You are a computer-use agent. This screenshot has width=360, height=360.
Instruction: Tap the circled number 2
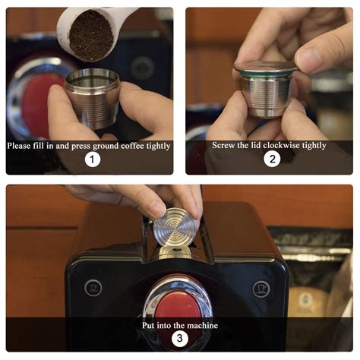pyautogui.click(x=271, y=159)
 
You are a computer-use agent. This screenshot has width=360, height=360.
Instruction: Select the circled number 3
pyautogui.click(x=179, y=339)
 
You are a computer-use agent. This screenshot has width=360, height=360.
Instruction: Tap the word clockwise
pyautogui.click(x=283, y=145)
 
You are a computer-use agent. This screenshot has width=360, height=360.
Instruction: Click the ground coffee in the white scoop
pyautogui.click(x=91, y=34)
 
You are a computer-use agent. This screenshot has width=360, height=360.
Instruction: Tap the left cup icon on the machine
pyautogui.click(x=93, y=288)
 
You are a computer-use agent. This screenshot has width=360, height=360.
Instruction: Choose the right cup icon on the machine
pyautogui.click(x=261, y=289)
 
